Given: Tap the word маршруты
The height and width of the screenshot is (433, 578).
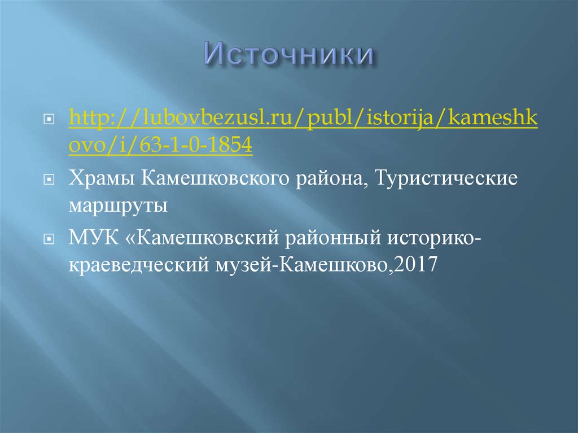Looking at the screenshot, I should coord(118,204).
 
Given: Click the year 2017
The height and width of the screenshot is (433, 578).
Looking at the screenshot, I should coord(417,263).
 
